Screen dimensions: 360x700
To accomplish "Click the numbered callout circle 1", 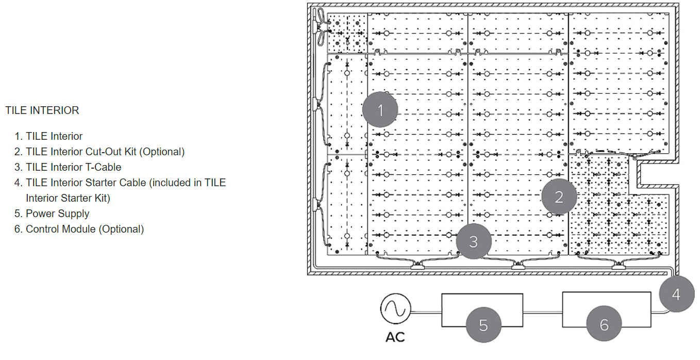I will (x=380, y=110).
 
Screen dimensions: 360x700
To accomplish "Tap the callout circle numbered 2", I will (x=559, y=196).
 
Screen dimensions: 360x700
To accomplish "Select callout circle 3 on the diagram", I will (x=474, y=241).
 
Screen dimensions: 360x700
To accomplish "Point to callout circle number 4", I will (x=676, y=294).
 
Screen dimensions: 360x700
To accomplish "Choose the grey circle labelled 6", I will (x=604, y=324).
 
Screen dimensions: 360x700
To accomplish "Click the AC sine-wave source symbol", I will (x=395, y=309).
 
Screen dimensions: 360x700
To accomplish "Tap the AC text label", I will (x=395, y=337).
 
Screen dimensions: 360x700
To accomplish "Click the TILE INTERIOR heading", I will (x=42, y=110).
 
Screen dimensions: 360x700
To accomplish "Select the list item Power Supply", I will (x=57, y=214).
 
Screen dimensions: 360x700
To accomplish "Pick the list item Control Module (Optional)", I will (x=85, y=229).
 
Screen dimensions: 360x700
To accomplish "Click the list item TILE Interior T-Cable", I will (x=73, y=167).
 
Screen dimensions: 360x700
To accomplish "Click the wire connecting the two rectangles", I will (x=542, y=310).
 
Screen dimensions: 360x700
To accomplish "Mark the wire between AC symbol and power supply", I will (x=426, y=310).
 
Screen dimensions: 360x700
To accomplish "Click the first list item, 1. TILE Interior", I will (x=54, y=136).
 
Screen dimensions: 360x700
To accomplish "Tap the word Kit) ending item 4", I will (x=100, y=198).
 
